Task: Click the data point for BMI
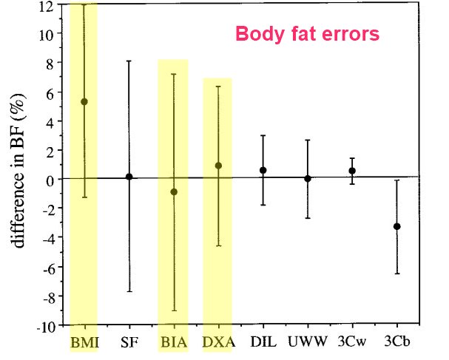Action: [x=84, y=102]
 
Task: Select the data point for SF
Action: [x=129, y=177]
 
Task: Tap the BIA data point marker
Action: [x=174, y=192]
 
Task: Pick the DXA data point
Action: [x=218, y=166]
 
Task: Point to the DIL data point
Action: [x=263, y=170]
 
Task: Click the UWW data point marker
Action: [x=308, y=178]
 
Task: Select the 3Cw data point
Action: [x=352, y=171]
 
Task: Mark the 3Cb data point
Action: [x=397, y=226]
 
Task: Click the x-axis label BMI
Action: [x=84, y=342]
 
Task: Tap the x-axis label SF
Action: [x=129, y=342]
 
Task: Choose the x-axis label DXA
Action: [x=217, y=342]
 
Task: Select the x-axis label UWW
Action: [x=307, y=342]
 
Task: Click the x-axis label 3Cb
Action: [x=396, y=342]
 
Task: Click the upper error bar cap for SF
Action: [x=129, y=61]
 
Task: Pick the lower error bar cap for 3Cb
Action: [x=397, y=274]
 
